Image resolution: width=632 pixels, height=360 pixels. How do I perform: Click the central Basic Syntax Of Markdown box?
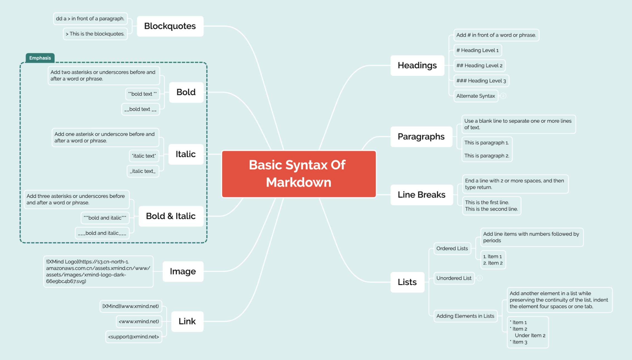(x=299, y=174)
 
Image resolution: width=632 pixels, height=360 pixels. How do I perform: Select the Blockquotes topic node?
(x=170, y=26)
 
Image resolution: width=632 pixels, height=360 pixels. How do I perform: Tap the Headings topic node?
(x=417, y=65)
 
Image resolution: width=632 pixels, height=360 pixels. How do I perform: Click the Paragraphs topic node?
(x=421, y=137)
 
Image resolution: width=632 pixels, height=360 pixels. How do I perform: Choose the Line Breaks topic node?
(x=422, y=195)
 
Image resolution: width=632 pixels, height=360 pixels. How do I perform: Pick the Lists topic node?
(x=407, y=282)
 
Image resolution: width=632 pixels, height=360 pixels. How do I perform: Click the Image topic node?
(x=183, y=271)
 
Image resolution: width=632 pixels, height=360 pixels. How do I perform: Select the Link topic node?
(x=187, y=322)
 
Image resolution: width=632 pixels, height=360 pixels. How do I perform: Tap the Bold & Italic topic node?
(x=171, y=216)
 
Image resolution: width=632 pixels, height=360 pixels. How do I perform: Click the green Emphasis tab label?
(x=40, y=58)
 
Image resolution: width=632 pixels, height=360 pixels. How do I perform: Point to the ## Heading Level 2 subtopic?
(x=479, y=65)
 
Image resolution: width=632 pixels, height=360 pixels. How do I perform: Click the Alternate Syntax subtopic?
(x=476, y=96)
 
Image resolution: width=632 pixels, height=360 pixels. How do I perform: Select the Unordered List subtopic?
(x=454, y=278)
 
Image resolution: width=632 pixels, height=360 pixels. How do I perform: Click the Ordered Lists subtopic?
(x=452, y=249)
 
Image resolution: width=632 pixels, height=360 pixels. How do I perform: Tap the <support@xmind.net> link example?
(x=133, y=337)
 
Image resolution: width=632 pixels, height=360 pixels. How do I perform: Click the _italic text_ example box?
(x=143, y=171)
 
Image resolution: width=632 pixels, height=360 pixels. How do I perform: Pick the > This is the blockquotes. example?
(x=95, y=34)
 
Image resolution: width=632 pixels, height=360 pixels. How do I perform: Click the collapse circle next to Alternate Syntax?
(x=503, y=96)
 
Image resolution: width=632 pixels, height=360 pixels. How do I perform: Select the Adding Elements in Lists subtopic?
(x=465, y=316)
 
